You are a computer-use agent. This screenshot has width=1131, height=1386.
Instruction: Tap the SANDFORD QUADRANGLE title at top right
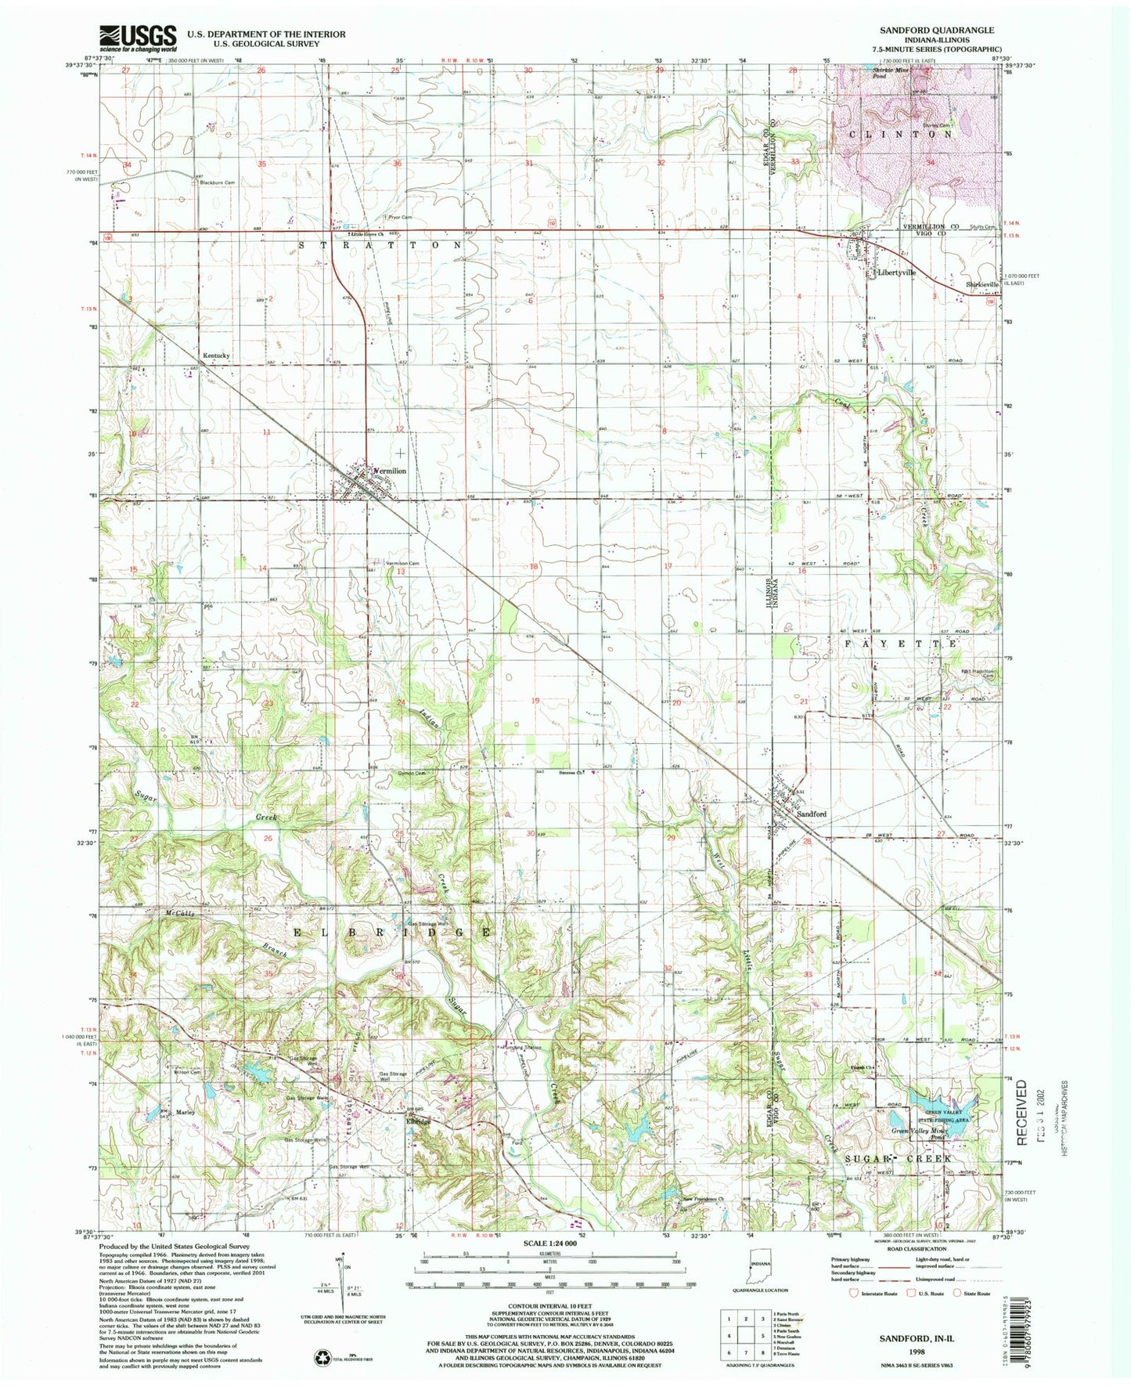point(938,30)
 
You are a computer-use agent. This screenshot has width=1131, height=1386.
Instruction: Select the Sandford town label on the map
point(812,814)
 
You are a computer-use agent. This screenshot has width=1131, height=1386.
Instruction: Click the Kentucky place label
point(217,356)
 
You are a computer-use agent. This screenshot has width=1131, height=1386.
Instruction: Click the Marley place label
point(185,1112)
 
